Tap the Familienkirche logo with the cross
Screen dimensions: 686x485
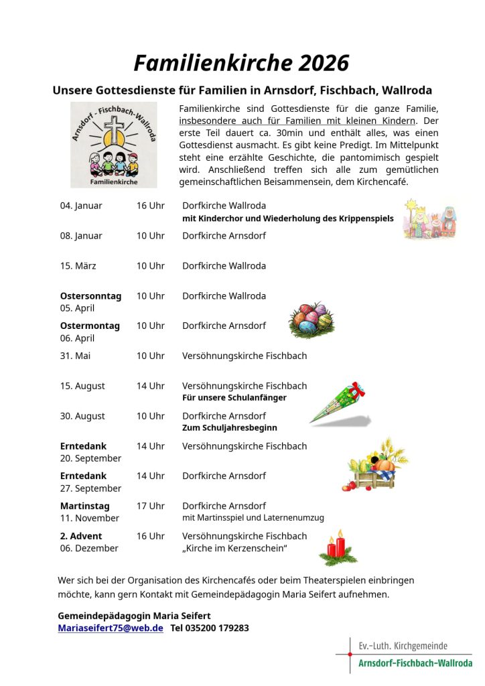click(x=114, y=145)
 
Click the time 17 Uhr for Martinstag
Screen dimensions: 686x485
click(x=151, y=506)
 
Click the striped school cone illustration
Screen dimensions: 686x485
click(x=339, y=404)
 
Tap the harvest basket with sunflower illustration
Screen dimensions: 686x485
click(x=376, y=465)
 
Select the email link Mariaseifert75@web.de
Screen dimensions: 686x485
click(x=111, y=628)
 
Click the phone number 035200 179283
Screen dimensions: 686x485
click(x=210, y=628)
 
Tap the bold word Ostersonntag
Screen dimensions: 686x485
click(x=90, y=296)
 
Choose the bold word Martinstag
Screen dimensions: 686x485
click(x=84, y=506)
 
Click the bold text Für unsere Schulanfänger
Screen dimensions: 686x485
click(x=234, y=398)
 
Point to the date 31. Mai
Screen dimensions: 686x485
click(x=75, y=356)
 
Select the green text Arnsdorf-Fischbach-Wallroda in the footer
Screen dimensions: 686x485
click(x=415, y=663)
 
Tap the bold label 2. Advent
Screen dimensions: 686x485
click(x=81, y=536)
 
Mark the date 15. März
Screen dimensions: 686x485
click(x=78, y=266)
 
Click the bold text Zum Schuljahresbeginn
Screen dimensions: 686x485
click(x=230, y=428)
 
